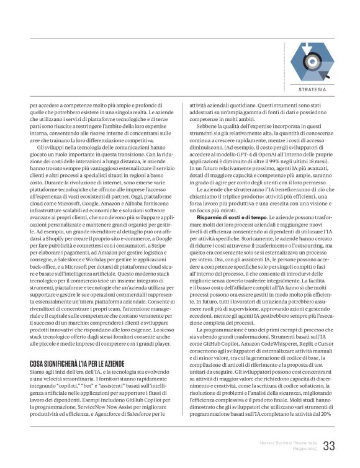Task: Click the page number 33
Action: (329, 446)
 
